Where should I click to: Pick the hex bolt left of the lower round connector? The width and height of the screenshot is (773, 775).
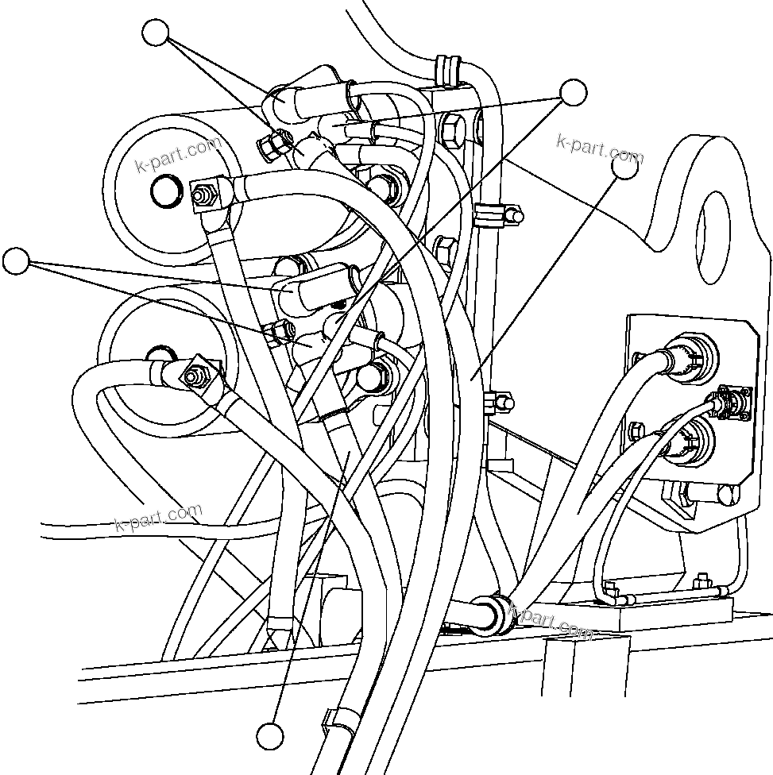coord(637,433)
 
